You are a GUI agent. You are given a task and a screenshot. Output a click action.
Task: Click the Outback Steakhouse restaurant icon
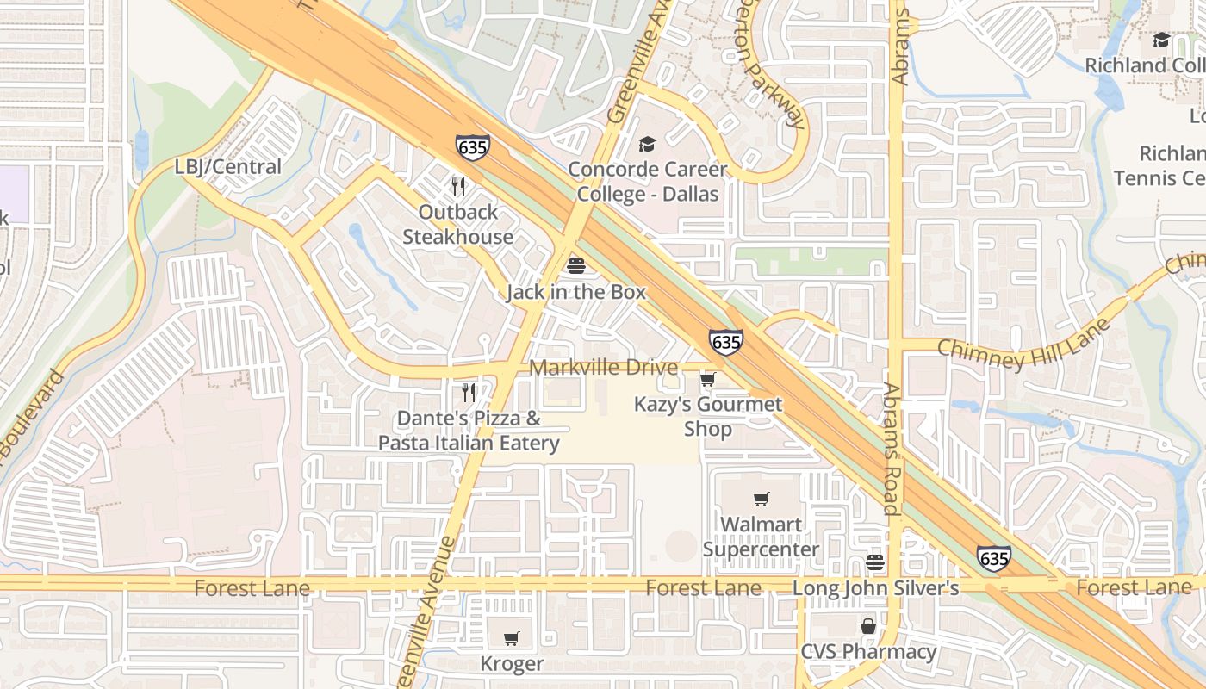pyautogui.click(x=458, y=187)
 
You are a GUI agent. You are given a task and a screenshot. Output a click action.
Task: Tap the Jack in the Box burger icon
pyautogui.click(x=576, y=266)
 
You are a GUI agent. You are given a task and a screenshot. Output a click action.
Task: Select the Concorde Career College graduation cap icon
pyautogui.click(x=647, y=145)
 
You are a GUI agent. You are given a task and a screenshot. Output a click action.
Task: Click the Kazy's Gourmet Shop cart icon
pyautogui.click(x=708, y=379)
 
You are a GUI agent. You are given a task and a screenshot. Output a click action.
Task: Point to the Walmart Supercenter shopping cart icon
pyautogui.click(x=762, y=499)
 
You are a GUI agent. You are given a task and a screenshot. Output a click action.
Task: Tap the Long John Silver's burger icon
pyautogui.click(x=875, y=563)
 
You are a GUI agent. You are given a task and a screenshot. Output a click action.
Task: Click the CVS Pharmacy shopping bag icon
pyautogui.click(x=868, y=626)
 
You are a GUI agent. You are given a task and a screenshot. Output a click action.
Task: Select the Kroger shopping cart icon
pyautogui.click(x=512, y=638)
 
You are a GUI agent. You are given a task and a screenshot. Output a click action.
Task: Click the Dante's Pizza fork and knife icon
pyautogui.click(x=469, y=393)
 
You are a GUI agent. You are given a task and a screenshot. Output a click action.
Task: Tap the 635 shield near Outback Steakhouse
pyautogui.click(x=473, y=147)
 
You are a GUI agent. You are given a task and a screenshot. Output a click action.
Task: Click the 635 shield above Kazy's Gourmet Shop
pyautogui.click(x=726, y=342)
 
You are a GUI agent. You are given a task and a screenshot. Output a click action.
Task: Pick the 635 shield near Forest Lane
pyautogui.click(x=994, y=558)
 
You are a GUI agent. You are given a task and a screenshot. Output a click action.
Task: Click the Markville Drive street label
pyautogui.click(x=603, y=368)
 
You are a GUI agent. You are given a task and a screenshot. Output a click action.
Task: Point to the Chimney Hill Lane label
pyautogui.click(x=1023, y=344)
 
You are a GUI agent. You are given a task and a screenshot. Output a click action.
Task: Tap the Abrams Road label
pyautogui.click(x=892, y=448)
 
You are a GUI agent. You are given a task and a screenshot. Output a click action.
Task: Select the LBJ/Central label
pyautogui.click(x=228, y=167)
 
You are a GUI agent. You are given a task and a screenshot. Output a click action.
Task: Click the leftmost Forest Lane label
pyautogui.click(x=252, y=588)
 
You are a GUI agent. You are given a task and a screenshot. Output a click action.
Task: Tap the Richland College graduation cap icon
pyautogui.click(x=1161, y=40)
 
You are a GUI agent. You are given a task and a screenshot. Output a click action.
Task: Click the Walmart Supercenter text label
pyautogui.click(x=761, y=537)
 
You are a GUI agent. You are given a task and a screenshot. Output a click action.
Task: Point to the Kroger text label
pyautogui.click(x=512, y=664)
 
